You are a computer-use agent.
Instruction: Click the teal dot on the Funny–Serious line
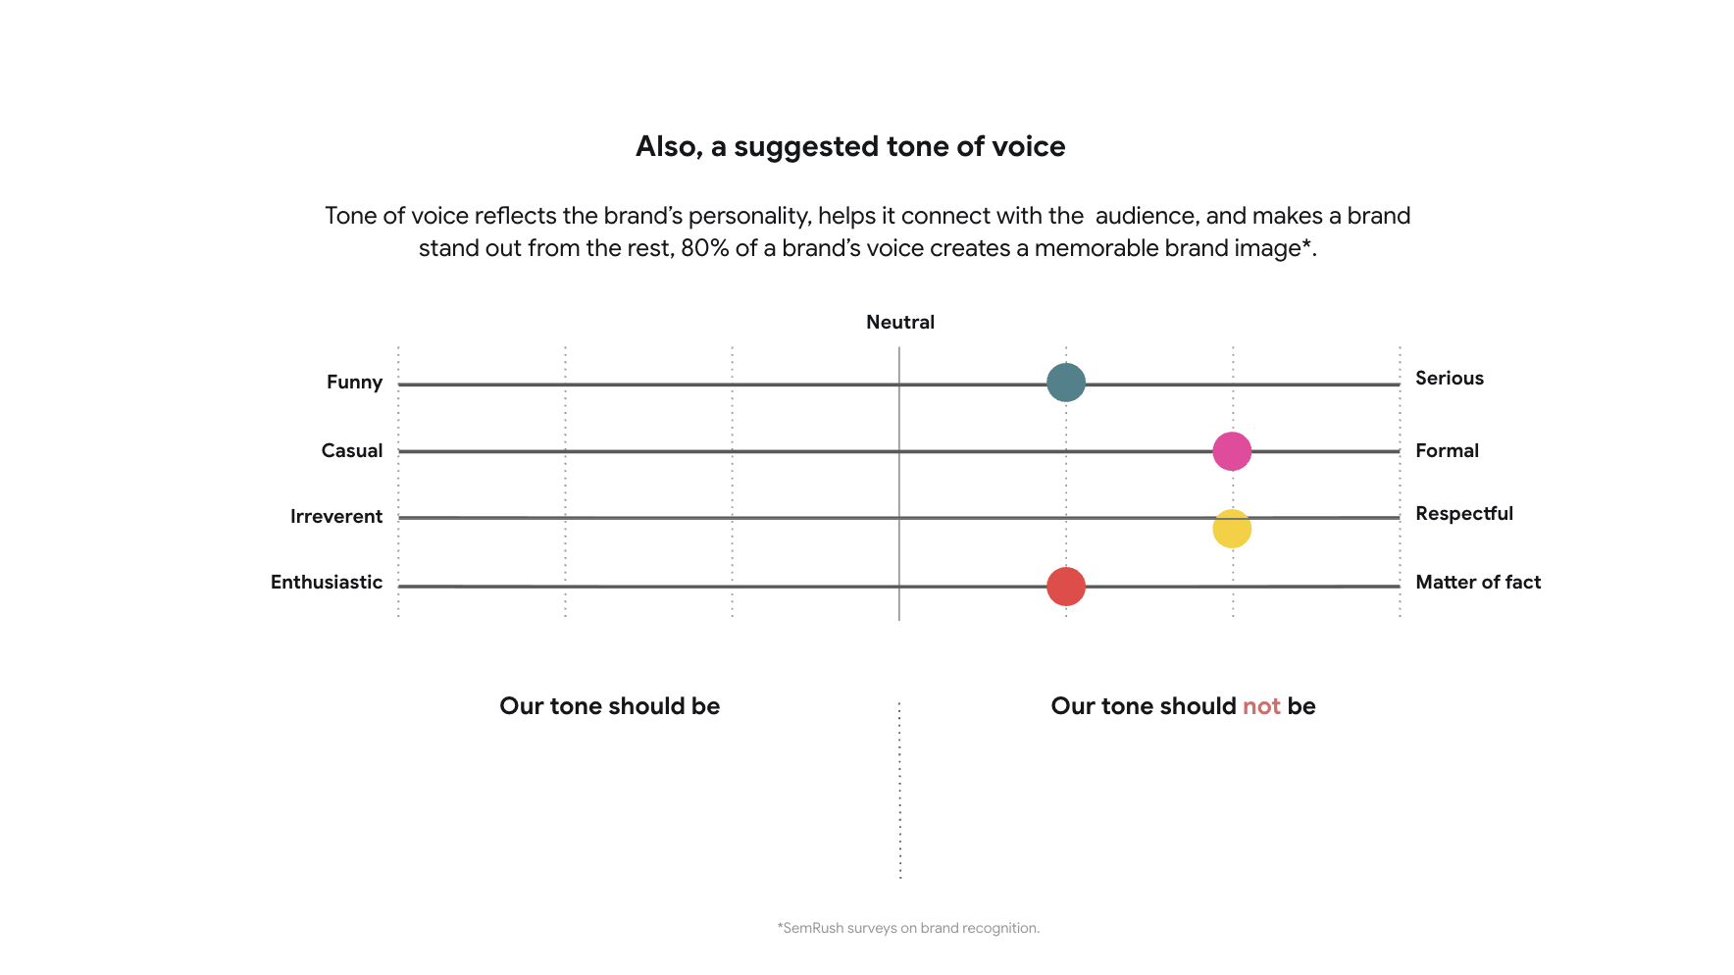1066,383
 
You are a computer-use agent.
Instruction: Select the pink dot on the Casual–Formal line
1232,451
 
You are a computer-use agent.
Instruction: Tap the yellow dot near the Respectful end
1232,529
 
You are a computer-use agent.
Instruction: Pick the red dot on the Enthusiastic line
1066,587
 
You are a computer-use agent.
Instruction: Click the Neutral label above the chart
900,322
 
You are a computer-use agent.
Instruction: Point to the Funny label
354,382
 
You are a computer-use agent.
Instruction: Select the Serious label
1450,378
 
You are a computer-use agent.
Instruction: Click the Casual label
352,450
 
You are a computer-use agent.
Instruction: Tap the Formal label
1447,450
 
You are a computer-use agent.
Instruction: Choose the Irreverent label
336,516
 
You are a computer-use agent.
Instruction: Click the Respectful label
1464,513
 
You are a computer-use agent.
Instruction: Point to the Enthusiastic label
327,582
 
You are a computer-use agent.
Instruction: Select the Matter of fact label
1478,582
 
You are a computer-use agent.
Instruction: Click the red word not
1261,706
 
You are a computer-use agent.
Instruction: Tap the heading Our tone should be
610,706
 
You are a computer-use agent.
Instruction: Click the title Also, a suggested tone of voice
850,146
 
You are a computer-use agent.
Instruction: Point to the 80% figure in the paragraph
704,248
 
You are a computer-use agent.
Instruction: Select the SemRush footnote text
908,928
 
